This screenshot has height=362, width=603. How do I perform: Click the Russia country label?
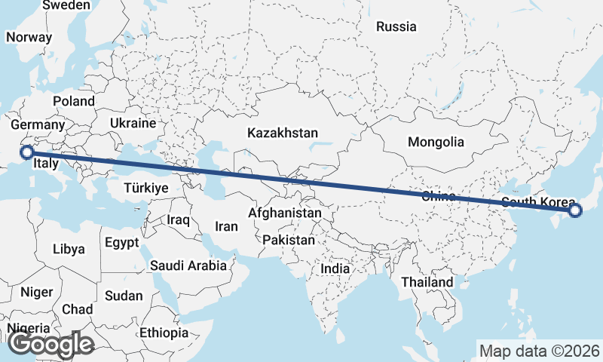(396, 26)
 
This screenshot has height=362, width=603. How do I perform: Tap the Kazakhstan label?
(283, 133)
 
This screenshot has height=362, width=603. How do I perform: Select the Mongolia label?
(436, 142)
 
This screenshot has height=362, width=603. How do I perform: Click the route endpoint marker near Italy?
(27, 152)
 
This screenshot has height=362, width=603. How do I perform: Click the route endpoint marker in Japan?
(575, 210)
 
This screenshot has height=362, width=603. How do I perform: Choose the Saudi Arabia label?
(188, 265)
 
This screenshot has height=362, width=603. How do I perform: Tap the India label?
(335, 268)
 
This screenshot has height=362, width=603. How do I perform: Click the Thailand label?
(427, 282)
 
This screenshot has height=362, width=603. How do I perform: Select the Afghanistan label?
(284, 213)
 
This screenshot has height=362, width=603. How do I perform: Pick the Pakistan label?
(289, 240)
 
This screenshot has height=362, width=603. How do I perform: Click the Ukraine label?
(133, 123)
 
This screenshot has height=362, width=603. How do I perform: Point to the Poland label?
(74, 101)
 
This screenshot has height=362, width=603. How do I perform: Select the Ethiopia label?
(164, 332)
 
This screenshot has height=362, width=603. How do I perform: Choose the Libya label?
(69, 249)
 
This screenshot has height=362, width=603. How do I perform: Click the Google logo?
(51, 344)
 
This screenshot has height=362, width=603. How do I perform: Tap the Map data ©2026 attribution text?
(539, 351)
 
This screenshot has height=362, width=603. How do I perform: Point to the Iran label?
(226, 226)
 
